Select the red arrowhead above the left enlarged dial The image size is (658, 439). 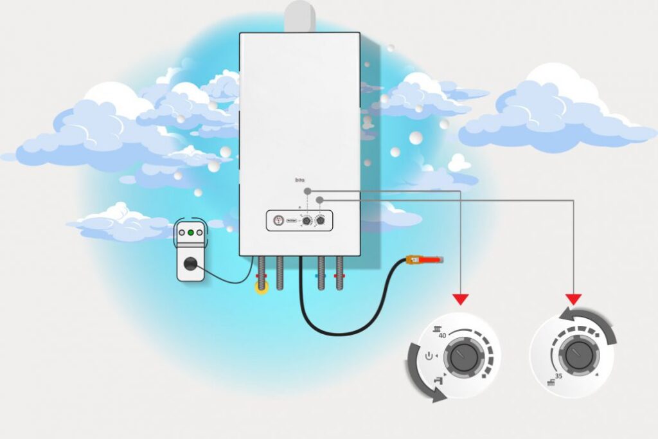click(x=461, y=299)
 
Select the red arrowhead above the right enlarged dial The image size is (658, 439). click(x=573, y=299)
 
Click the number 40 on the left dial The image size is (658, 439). click(x=442, y=336)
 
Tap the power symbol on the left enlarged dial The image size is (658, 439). click(x=430, y=355)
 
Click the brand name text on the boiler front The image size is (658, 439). click(x=299, y=183)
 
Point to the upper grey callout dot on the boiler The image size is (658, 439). click(x=308, y=191)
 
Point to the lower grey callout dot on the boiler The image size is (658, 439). click(x=319, y=200)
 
